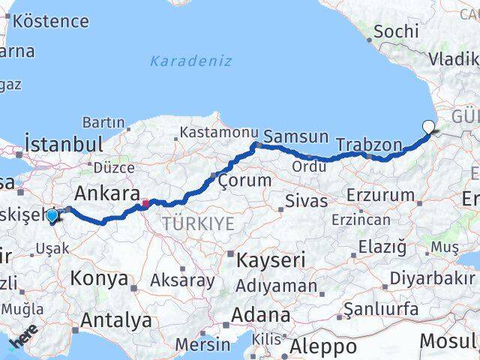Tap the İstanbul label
click(63, 144)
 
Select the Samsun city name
click(297, 136)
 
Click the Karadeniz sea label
click(191, 61)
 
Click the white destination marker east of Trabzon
click(428, 127)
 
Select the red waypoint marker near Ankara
click(145, 202)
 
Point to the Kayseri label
click(271, 260)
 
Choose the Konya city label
click(99, 279)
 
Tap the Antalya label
click(115, 320)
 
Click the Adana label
click(261, 314)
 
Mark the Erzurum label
click(381, 195)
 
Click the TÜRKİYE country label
click(198, 223)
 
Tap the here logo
click(23, 342)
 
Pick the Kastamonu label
click(217, 132)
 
